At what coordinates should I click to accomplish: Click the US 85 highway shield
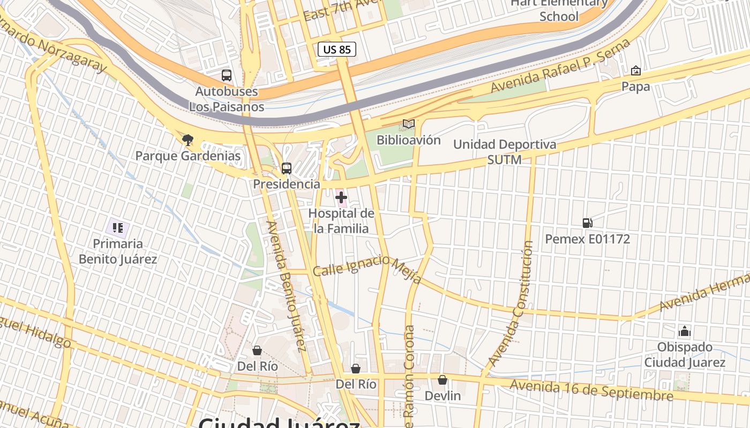coord(337,50)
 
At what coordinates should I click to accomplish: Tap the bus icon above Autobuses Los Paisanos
coord(227,75)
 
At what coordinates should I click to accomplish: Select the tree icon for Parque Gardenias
coord(187,140)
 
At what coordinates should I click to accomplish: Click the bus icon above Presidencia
coord(287,169)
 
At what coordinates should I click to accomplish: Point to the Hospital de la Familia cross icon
coord(341,198)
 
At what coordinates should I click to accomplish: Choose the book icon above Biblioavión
coord(409,124)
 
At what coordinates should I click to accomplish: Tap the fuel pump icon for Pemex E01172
coord(587,223)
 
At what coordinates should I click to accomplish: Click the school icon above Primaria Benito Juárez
coord(118,228)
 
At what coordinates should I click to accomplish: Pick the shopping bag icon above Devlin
coord(442,380)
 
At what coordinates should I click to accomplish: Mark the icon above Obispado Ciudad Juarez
coord(685,331)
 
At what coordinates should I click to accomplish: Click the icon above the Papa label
coord(636,71)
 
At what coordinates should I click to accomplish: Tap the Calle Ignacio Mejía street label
coord(367,267)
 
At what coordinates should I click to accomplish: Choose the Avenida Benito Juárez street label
coord(286,286)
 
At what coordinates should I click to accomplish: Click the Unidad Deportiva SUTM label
coord(504,152)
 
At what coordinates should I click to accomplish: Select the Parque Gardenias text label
coord(187,156)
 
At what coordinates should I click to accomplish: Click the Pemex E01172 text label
coord(587,239)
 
